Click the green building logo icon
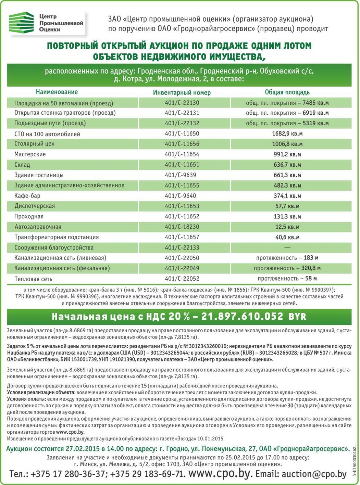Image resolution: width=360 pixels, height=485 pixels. [x=21, y=22]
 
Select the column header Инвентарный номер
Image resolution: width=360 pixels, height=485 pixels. [x=182, y=92]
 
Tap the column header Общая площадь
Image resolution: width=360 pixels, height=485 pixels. [x=287, y=92]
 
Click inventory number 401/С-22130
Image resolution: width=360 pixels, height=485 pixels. [x=182, y=103]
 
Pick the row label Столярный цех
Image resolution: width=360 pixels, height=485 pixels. [x=34, y=144]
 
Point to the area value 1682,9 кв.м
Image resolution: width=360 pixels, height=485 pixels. [x=287, y=133]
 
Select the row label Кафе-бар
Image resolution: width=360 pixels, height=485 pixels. [x=27, y=196]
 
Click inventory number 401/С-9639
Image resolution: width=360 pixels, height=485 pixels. [x=180, y=175]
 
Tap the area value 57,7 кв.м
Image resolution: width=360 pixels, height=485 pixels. [x=287, y=206]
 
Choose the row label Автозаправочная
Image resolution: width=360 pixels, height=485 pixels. [x=38, y=227]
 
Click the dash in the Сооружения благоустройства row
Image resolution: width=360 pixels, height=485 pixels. [x=287, y=247]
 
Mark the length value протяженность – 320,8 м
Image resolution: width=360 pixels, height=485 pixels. [x=287, y=268]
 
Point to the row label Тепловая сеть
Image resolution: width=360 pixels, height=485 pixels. [x=33, y=279]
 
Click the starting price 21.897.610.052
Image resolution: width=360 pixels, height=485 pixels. [x=242, y=317]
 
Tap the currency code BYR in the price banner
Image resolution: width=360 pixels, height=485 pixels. [x=297, y=317]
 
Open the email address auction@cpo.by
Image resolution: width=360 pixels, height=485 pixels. [x=314, y=474]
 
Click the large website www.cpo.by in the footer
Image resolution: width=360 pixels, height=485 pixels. [x=219, y=473]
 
